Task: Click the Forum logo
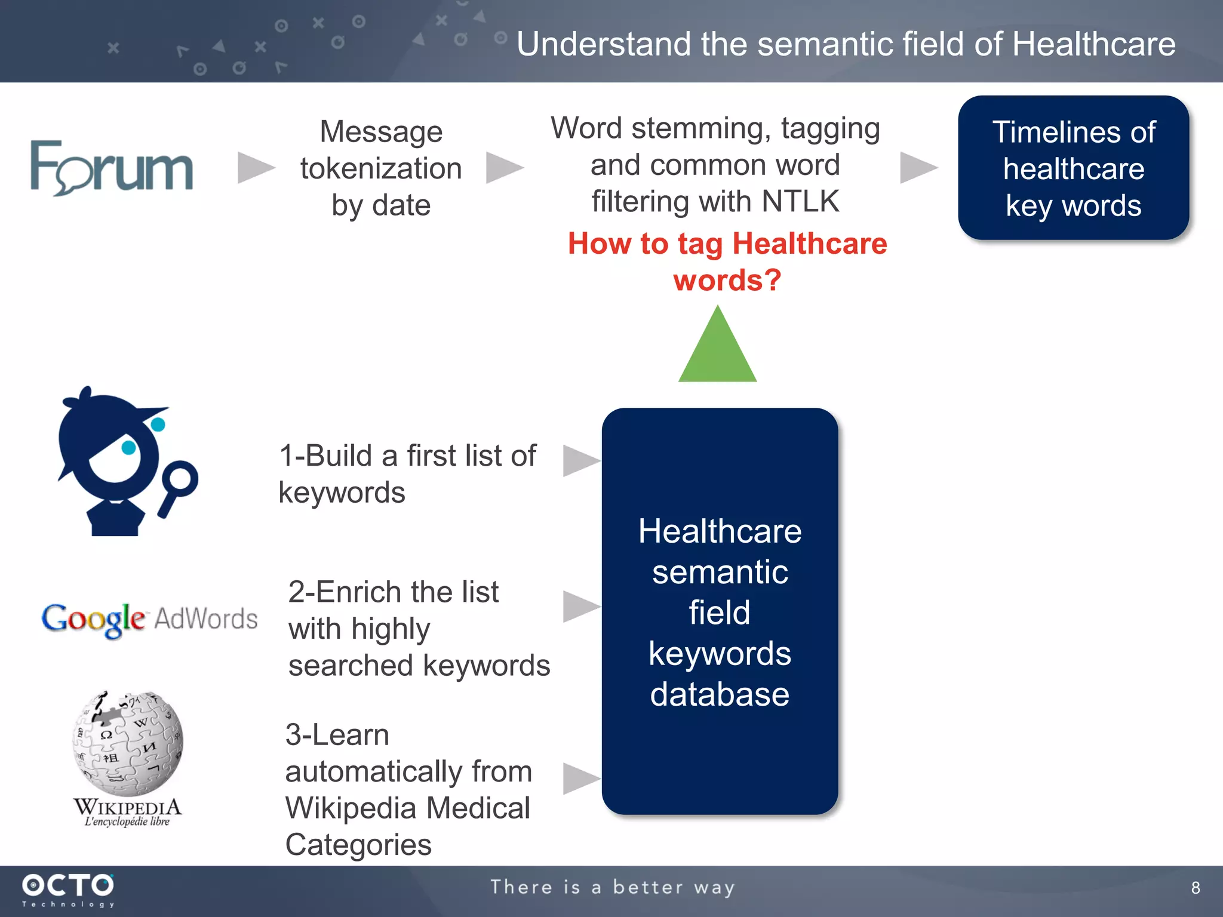[x=112, y=168]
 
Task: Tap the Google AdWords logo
[x=149, y=619]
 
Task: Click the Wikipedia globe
[x=128, y=743]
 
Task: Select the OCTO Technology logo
[x=68, y=890]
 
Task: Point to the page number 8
[x=1195, y=888]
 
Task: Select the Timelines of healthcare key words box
[x=1073, y=168]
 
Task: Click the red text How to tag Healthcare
[x=727, y=244]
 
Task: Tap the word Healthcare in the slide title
[x=1093, y=44]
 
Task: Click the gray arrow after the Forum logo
[x=256, y=167]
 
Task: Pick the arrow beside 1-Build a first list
[x=580, y=460]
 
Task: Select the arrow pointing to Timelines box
[x=918, y=167]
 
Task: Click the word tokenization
[x=381, y=168]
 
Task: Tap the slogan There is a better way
[x=612, y=887]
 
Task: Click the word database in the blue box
[x=720, y=694]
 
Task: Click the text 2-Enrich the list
[x=393, y=592]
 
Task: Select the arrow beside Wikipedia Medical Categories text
[x=580, y=778]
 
